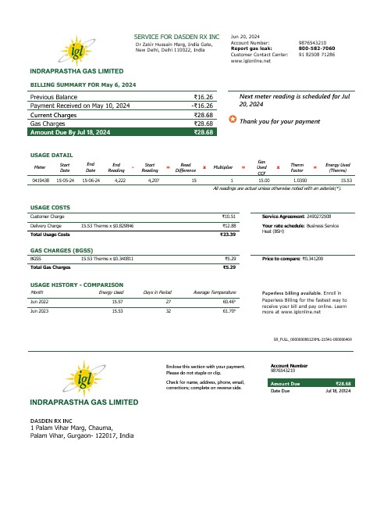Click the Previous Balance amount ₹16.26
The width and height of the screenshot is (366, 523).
[203, 97]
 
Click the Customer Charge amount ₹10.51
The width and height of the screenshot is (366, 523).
[229, 216]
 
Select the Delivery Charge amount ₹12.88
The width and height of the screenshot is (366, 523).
[229, 224]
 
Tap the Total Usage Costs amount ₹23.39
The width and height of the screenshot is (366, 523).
[229, 234]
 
